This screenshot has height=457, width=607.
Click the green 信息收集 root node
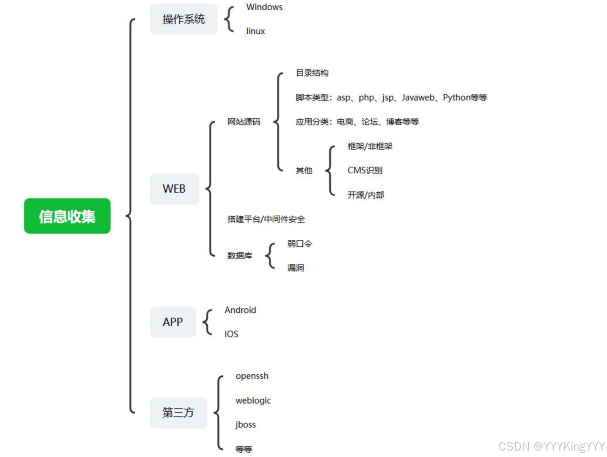(x=67, y=216)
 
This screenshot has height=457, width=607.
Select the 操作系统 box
(x=184, y=19)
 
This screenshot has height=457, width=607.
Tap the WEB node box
(x=174, y=189)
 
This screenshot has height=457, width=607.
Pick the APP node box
(x=173, y=322)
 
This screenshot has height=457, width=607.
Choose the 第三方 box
(x=178, y=413)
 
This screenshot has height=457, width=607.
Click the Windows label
(x=264, y=7)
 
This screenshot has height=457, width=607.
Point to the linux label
(x=255, y=31)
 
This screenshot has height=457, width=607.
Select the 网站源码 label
(x=244, y=122)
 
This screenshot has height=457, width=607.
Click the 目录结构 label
(x=312, y=73)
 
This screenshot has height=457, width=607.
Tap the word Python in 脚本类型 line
(x=456, y=98)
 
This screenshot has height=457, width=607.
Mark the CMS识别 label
(x=365, y=171)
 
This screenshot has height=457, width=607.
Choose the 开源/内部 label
(x=366, y=195)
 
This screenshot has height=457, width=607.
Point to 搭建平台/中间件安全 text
(x=266, y=219)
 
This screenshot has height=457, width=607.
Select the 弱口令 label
(x=299, y=244)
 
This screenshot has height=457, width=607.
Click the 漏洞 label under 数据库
(x=295, y=268)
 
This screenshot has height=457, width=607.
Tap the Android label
(x=240, y=310)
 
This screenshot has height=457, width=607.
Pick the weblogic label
(x=253, y=401)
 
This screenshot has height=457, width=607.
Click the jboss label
(x=245, y=425)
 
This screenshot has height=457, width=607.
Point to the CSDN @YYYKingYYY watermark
(x=551, y=446)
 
